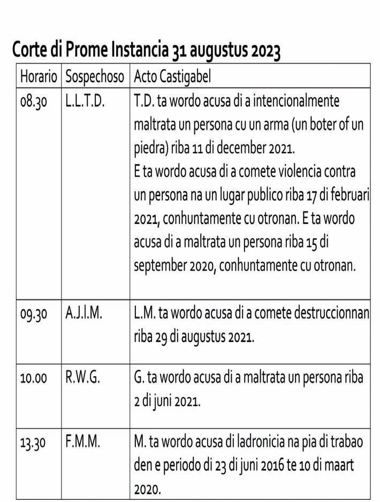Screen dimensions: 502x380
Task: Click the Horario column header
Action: tap(39, 76)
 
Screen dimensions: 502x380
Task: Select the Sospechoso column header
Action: tap(95, 76)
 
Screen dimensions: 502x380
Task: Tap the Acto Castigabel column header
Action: tap(172, 76)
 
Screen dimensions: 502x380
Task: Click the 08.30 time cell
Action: tap(34, 102)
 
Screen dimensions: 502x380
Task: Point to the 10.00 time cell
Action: tap(34, 378)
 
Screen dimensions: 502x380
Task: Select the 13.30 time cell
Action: tap(34, 443)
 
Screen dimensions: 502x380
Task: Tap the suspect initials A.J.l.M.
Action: tap(84, 314)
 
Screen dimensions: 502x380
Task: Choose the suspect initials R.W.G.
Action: tap(82, 377)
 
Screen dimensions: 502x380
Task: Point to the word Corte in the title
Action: tap(30, 50)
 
